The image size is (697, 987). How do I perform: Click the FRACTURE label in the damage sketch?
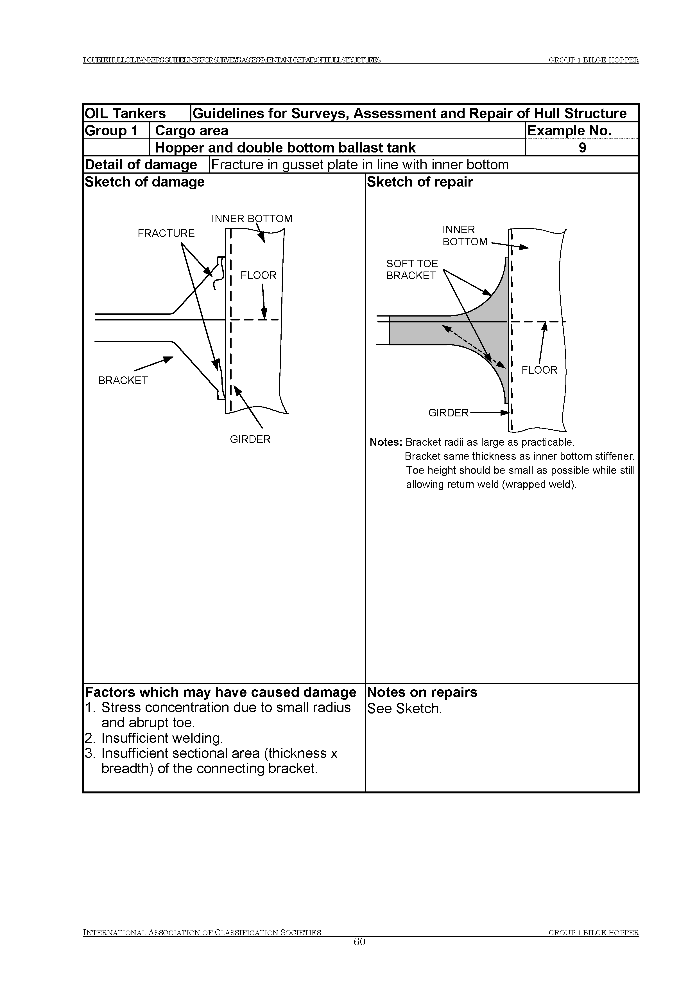coord(166,234)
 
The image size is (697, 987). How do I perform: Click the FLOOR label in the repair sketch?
coord(539,370)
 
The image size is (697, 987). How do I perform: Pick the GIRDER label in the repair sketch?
coord(448,413)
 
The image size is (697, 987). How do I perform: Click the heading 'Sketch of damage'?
coord(145,182)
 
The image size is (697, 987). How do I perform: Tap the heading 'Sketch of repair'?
coord(420,182)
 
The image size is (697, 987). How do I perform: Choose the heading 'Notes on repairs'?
coord(422,692)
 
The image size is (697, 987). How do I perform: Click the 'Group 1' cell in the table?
coord(111,131)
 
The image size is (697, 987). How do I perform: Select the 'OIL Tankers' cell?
coord(125,113)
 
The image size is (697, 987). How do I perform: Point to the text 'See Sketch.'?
coord(404,709)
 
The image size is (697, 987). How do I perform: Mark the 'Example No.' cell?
coord(569,131)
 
